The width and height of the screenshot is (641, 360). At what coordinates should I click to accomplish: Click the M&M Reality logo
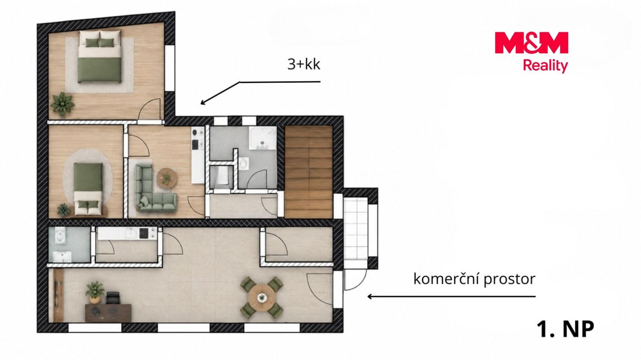coord(531,52)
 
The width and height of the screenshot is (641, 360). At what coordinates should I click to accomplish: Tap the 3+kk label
coord(304,64)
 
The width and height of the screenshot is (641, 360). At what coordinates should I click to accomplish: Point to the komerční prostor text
coord(474,279)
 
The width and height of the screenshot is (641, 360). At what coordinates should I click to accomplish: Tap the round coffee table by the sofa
coord(167,178)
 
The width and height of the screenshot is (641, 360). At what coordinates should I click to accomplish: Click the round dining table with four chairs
coord(262,297)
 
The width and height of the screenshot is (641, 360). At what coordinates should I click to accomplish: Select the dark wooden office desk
coord(108,312)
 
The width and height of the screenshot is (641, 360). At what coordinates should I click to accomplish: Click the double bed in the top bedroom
coord(100,57)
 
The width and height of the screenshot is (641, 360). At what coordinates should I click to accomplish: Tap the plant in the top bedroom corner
coord(63,104)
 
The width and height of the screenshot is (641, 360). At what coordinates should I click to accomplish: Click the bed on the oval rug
coord(88,189)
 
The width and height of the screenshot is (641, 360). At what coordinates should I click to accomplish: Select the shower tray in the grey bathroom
coord(263,138)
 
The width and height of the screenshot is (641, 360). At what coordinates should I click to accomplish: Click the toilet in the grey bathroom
coord(243,164)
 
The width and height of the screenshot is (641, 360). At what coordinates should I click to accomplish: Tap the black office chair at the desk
coord(113,298)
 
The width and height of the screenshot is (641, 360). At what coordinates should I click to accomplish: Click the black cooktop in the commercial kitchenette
coord(143,233)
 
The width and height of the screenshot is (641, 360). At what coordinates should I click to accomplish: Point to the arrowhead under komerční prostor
coord(370,296)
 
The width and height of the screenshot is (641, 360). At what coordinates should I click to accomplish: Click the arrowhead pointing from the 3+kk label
coord(203,102)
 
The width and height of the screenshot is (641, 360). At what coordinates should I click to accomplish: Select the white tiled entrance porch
coord(356,228)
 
